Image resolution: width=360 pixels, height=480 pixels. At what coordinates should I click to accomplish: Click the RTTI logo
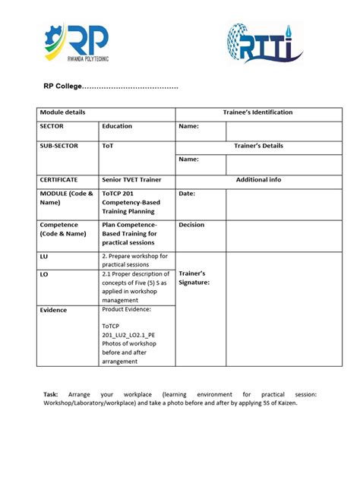[x=264, y=43]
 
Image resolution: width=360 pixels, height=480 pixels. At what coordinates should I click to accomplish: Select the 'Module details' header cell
[x=62, y=112]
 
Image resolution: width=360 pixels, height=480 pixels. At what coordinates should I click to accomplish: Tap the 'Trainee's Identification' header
[x=257, y=112]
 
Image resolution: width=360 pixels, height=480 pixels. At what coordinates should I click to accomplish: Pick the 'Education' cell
[x=117, y=126]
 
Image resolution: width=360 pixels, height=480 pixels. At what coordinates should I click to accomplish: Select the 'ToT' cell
[x=108, y=145]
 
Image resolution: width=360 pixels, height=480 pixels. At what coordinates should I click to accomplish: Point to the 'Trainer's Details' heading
[x=258, y=145]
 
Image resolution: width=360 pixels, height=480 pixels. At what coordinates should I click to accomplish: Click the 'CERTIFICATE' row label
[x=58, y=180]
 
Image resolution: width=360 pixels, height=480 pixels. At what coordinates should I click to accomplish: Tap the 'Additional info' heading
[x=258, y=180]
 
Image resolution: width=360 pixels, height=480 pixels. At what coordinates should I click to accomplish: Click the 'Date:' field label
[x=187, y=194]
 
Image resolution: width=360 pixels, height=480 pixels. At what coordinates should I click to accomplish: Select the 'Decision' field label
[x=191, y=225]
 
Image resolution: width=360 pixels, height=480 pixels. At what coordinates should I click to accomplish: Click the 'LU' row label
[x=43, y=257]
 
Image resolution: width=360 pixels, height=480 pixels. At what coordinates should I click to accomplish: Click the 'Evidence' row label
[x=53, y=310]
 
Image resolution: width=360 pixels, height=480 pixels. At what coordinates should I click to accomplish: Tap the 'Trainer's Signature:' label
[x=194, y=277]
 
